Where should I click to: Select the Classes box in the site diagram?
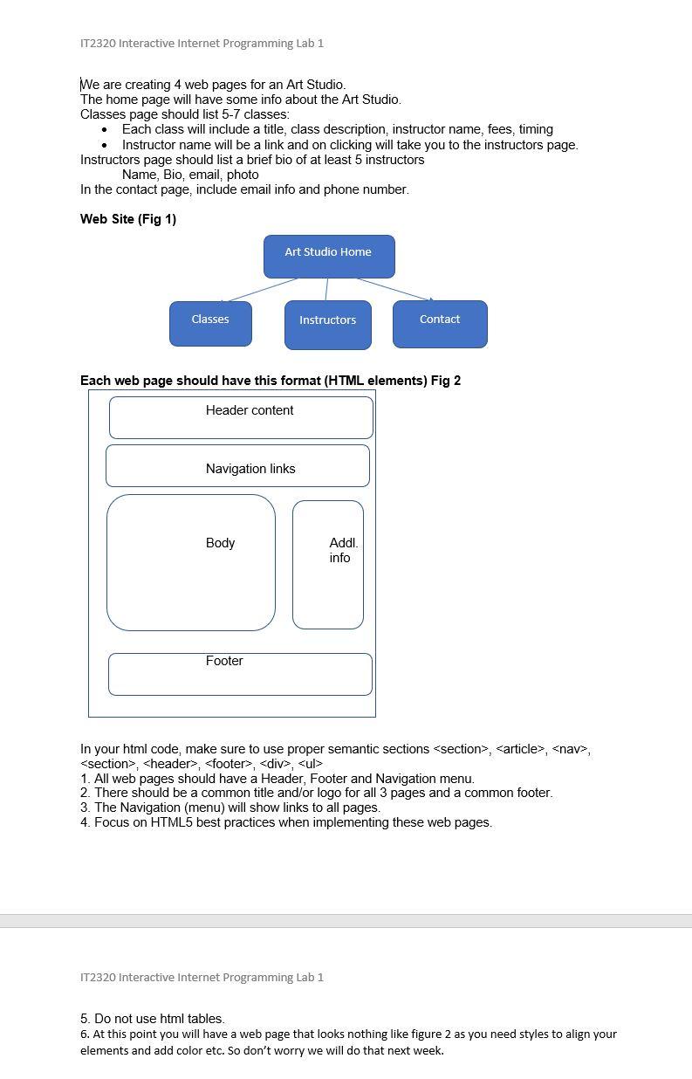click(x=210, y=323)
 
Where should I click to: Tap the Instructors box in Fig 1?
click(x=327, y=325)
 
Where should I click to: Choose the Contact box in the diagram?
click(x=440, y=324)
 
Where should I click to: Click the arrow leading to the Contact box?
click(x=394, y=290)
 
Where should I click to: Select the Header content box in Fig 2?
click(x=241, y=417)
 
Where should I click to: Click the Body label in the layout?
click(x=220, y=543)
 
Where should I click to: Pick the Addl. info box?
click(x=328, y=564)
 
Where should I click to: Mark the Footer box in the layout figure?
click(x=240, y=674)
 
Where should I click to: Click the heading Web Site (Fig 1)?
click(x=128, y=219)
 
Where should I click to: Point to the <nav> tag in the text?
click(x=571, y=749)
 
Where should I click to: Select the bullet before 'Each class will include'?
click(x=105, y=130)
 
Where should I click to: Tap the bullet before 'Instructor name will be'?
click(x=105, y=145)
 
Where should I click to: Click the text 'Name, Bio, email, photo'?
click(x=190, y=175)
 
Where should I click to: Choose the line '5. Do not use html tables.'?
click(x=153, y=1019)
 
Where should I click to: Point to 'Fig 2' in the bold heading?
click(x=445, y=381)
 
